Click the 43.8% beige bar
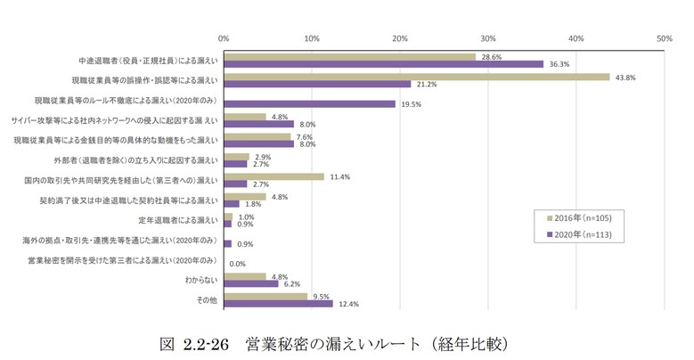(416, 77)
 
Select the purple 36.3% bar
(383, 64)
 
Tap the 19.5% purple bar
(309, 103)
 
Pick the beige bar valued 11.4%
(274, 176)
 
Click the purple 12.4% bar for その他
(278, 304)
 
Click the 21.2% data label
(428, 85)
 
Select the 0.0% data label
(238, 264)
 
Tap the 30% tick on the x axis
(487, 38)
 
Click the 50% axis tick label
(664, 38)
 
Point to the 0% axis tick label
(224, 38)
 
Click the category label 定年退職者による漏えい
(177, 219)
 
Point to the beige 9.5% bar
(265, 296)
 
